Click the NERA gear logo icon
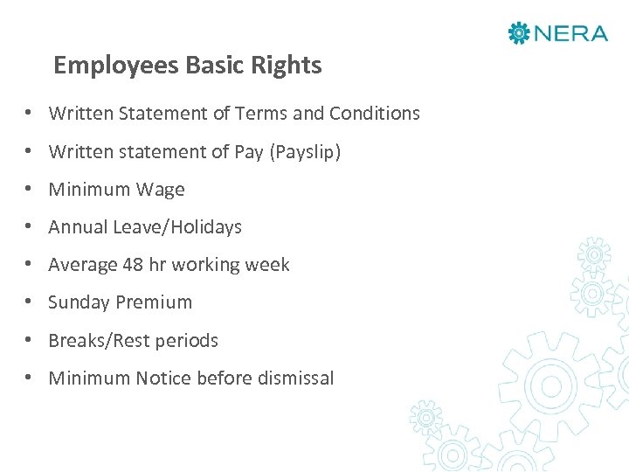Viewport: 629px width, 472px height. click(x=519, y=34)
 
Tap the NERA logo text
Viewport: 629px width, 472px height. click(x=570, y=34)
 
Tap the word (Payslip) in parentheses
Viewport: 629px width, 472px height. click(x=305, y=152)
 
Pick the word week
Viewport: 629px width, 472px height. click(x=269, y=265)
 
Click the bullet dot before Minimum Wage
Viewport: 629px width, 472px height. click(x=30, y=190)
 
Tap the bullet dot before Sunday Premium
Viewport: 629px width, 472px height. click(x=30, y=302)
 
